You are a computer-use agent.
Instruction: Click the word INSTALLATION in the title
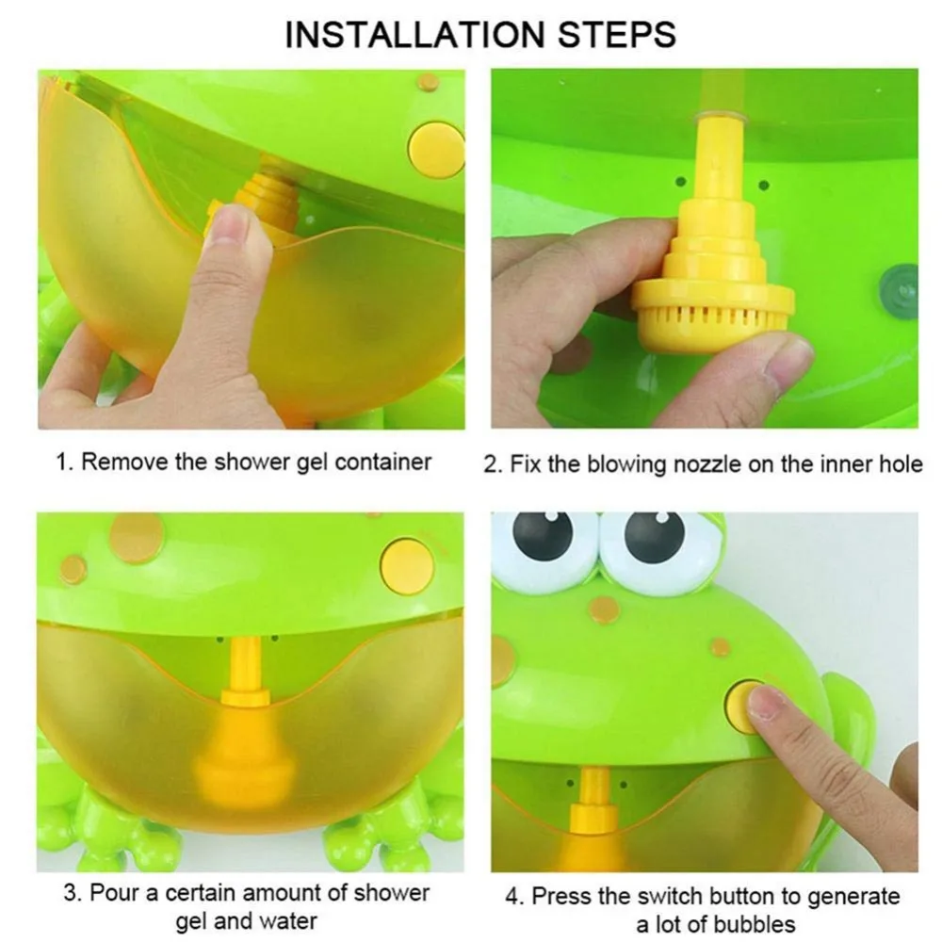(x=415, y=34)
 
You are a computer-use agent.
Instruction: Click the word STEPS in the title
(x=617, y=34)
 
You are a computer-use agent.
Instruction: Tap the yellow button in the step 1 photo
(x=436, y=149)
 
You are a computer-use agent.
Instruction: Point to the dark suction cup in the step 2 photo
(x=899, y=288)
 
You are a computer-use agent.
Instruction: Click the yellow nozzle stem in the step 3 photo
(x=247, y=663)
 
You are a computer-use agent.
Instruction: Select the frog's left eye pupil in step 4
(x=544, y=535)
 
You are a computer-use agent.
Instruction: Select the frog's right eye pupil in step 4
(x=655, y=536)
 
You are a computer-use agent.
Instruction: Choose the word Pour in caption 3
(x=116, y=893)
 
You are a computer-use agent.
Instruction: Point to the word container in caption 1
(x=382, y=462)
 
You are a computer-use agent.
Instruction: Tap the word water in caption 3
(x=286, y=920)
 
